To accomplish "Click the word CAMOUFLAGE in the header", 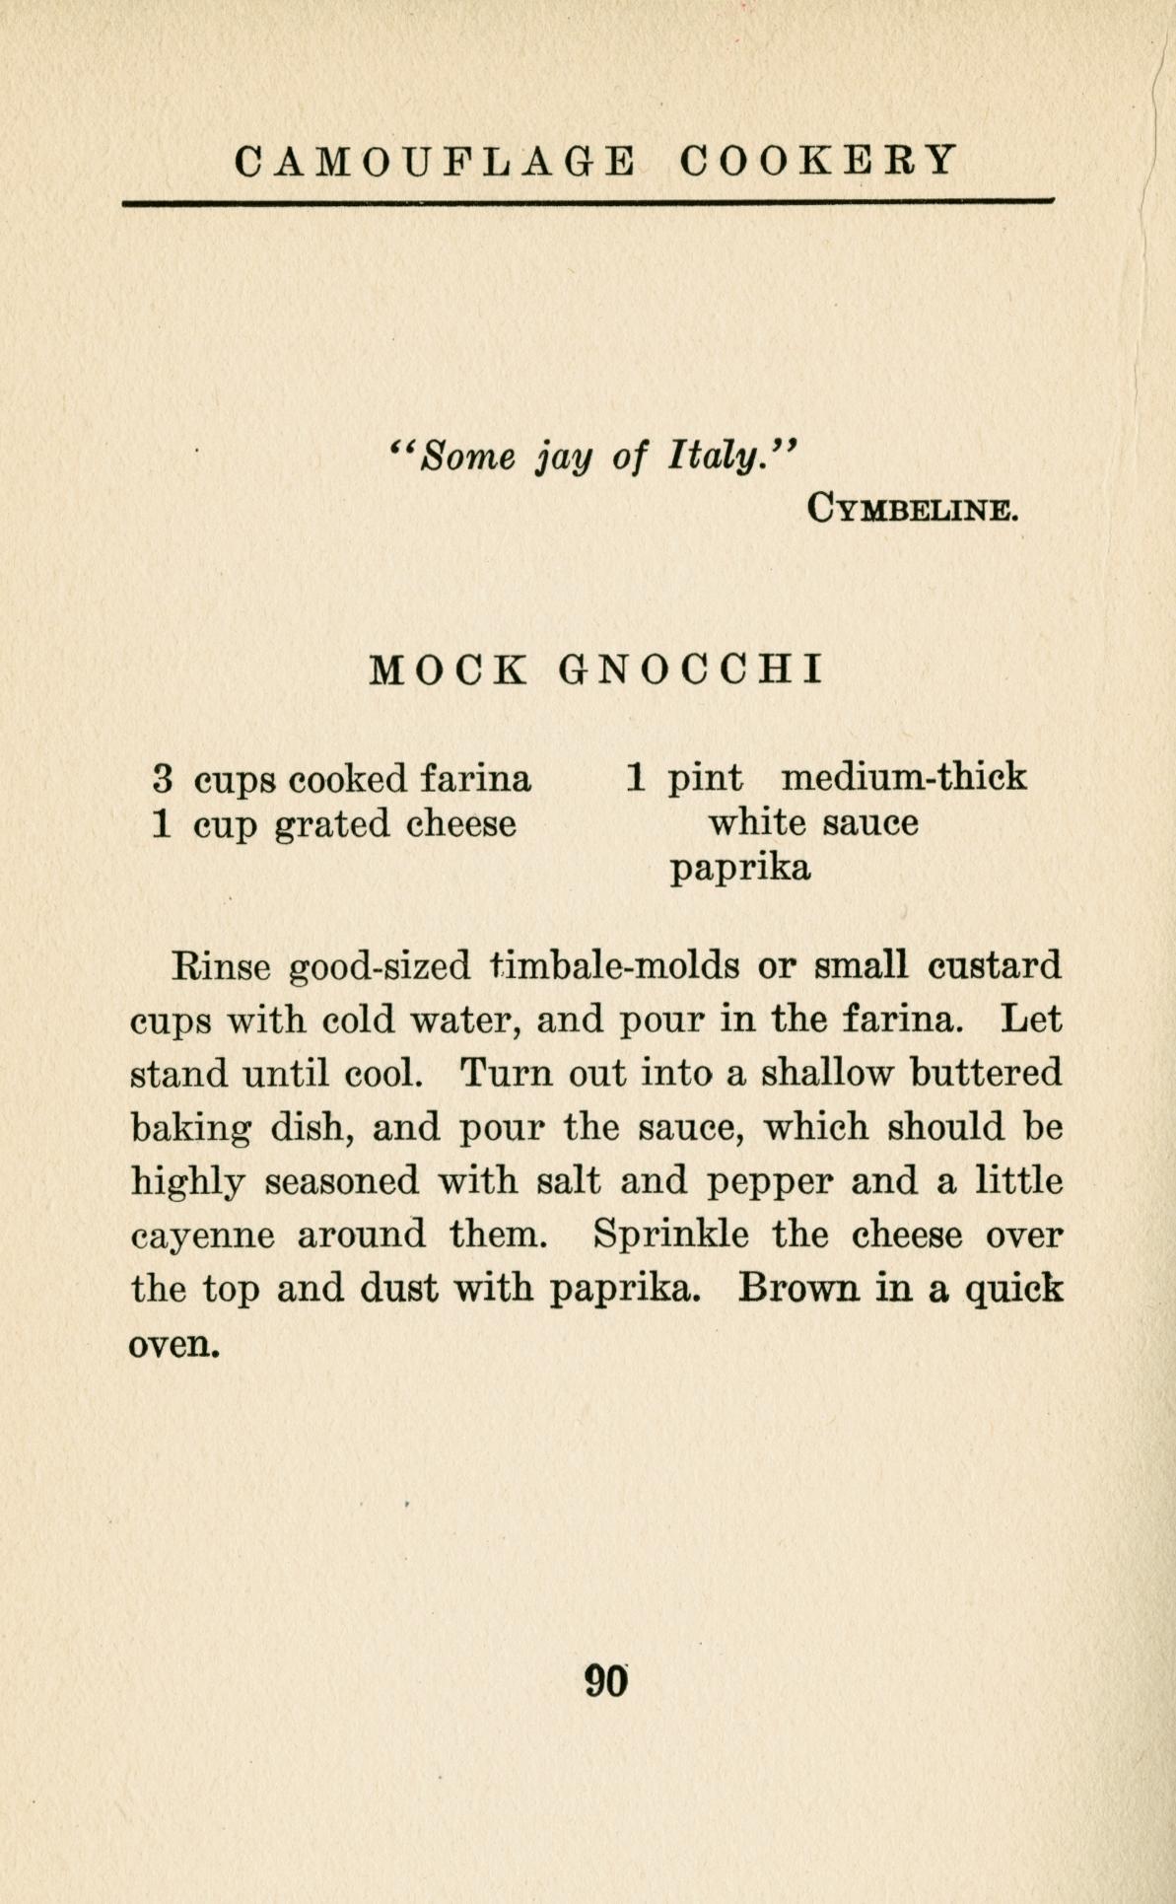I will click(434, 160).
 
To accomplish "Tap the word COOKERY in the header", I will click(818, 160).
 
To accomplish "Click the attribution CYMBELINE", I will click(911, 510).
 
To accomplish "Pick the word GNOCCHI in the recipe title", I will click(690, 670).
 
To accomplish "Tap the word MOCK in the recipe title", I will click(449, 670).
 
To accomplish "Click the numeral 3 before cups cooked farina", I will click(164, 779).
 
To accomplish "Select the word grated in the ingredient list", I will click(332, 824).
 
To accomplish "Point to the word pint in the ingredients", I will click(706, 779).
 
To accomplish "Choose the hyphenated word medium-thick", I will click(903, 779).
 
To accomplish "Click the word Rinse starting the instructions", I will click(221, 964).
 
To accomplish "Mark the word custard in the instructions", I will click(996, 964).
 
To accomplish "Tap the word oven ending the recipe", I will click(170, 1344).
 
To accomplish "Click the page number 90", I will click(606, 1680).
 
